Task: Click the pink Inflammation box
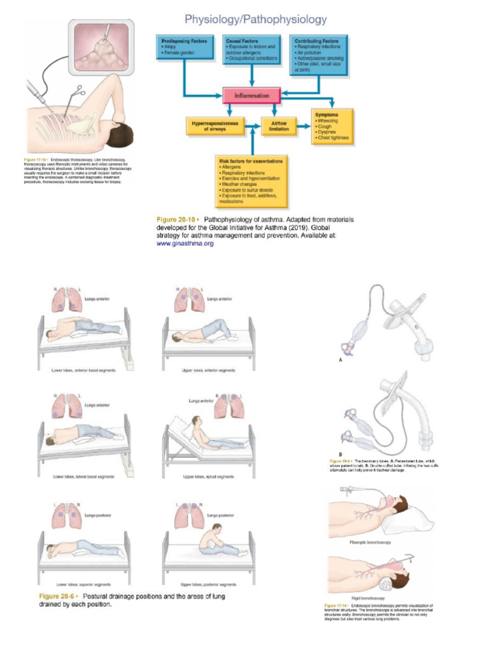[252, 96]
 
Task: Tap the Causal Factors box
[252, 51]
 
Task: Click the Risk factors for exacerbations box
[252, 181]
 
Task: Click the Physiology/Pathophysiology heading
[255, 20]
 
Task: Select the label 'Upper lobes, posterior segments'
[209, 584]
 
